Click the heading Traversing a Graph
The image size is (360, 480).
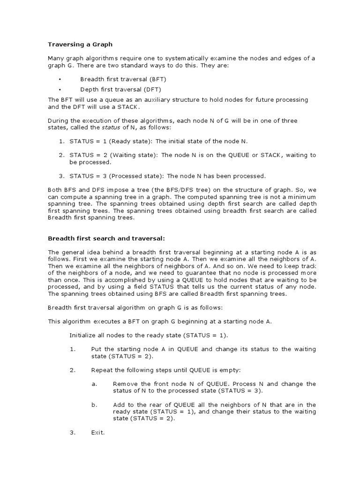coord(80,45)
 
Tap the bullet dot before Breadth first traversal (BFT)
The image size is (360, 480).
coord(60,79)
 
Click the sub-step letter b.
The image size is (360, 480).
coord(94,405)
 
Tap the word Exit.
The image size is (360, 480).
coord(97,433)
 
